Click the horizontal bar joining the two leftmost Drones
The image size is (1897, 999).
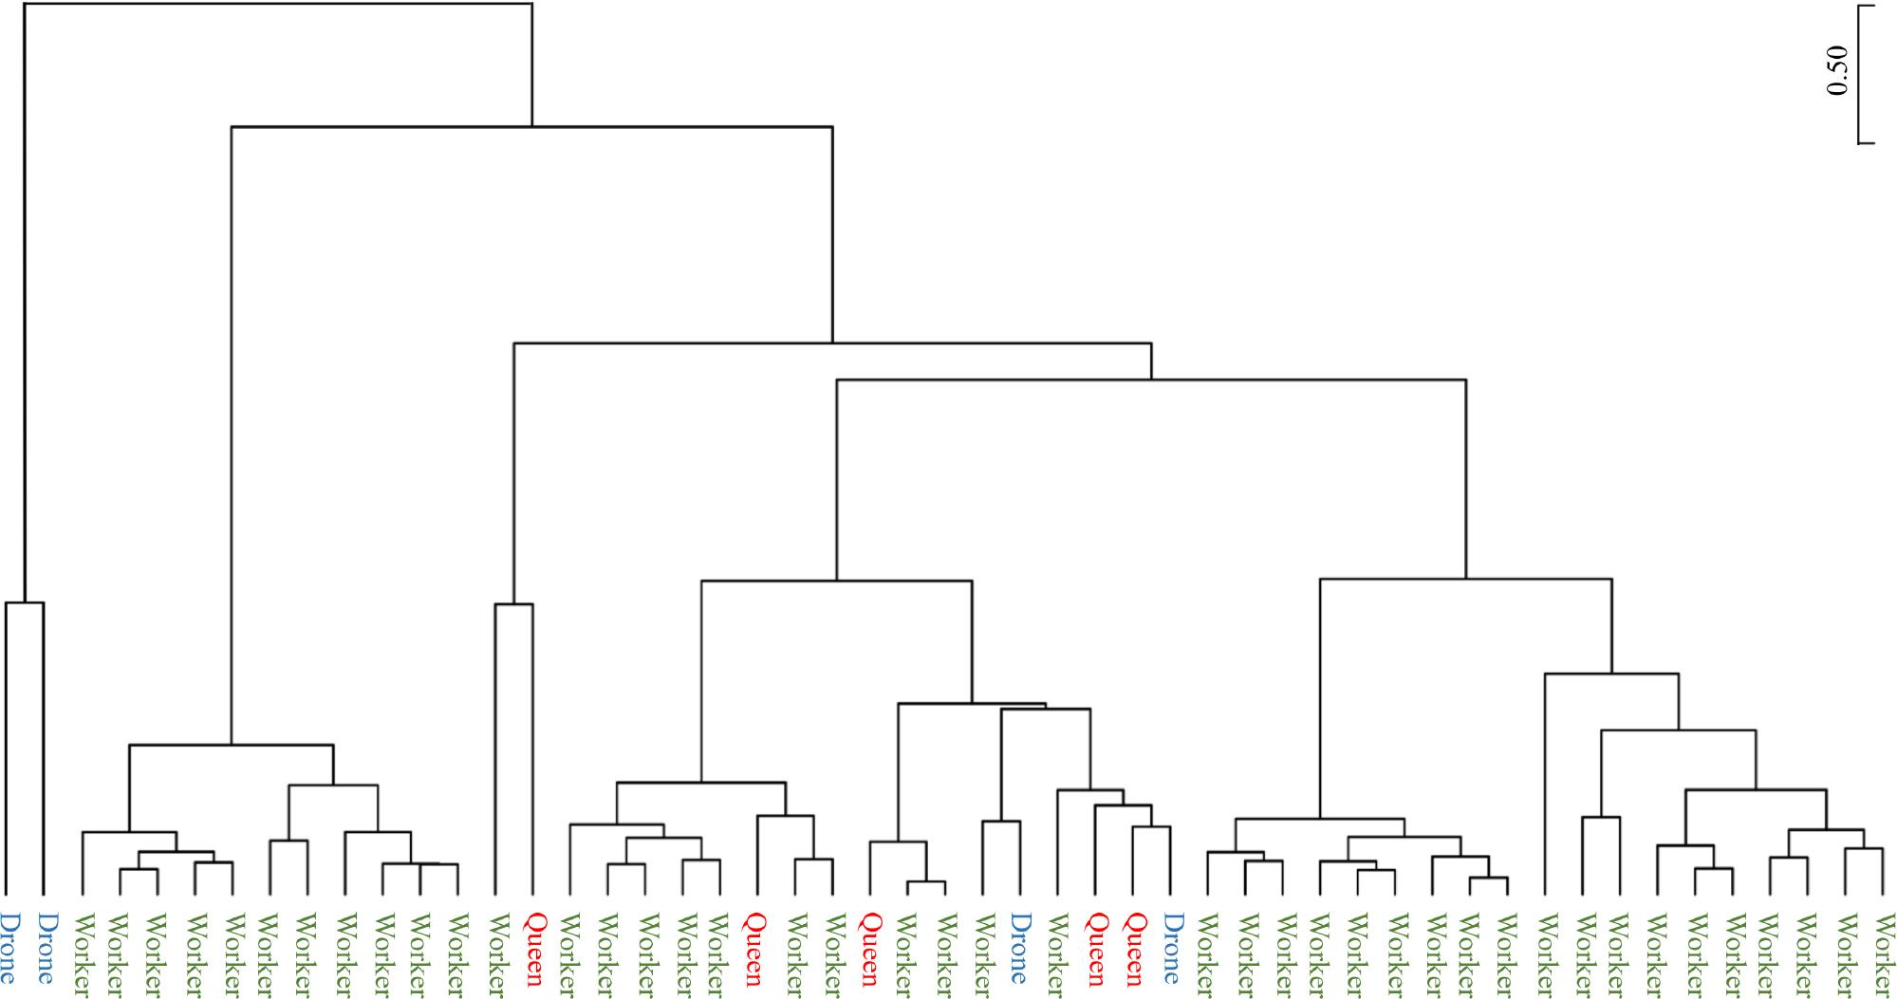pyautogui.click(x=25, y=602)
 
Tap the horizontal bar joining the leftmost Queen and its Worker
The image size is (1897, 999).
pyautogui.click(x=513, y=604)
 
